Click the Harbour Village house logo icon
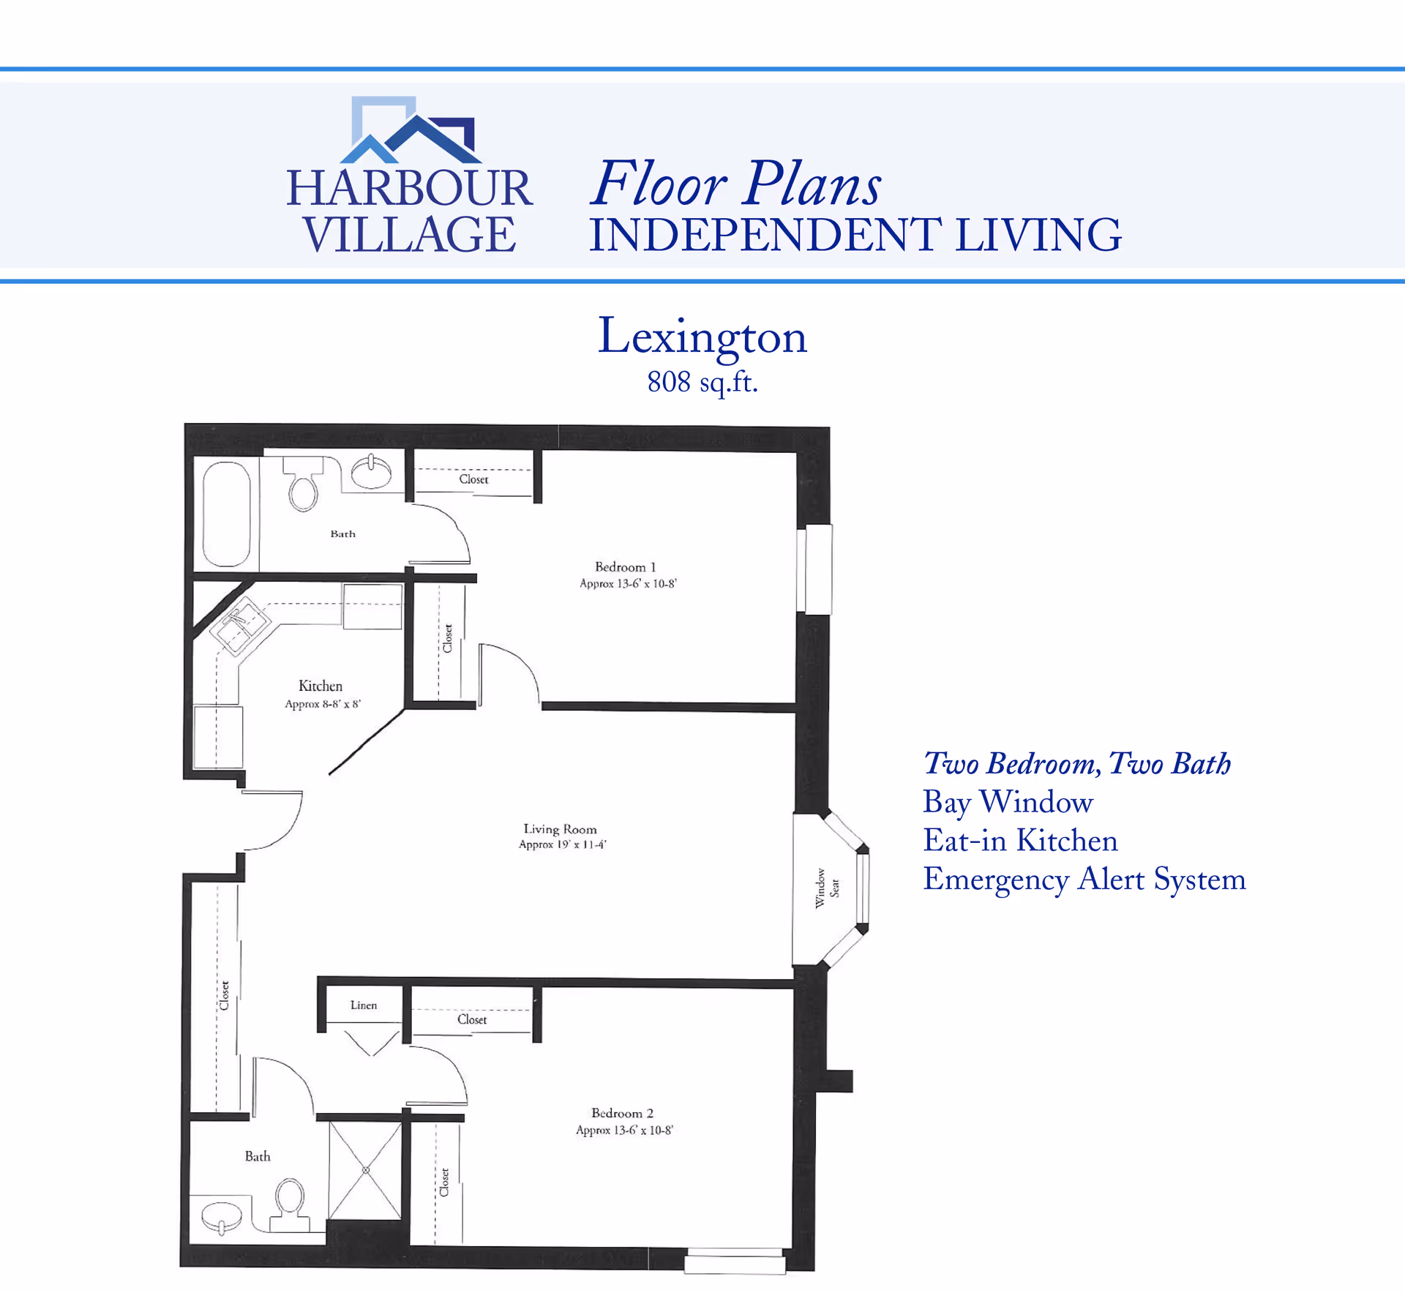pos(411,130)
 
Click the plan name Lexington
pos(702,337)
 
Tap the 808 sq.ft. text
pos(702,382)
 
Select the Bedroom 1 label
pos(625,566)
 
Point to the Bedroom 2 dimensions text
pos(624,1130)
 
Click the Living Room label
pos(560,828)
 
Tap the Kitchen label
pos(321,686)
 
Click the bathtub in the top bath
pos(226,514)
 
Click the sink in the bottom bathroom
pos(221,1217)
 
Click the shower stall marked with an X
pos(365,1170)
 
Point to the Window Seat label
pos(827,888)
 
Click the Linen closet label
pos(364,1005)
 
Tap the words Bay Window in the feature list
pos(1008,802)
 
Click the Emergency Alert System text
pos(1084,879)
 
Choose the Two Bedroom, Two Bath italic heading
pos(1076,763)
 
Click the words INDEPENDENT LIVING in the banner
pos(855,235)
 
